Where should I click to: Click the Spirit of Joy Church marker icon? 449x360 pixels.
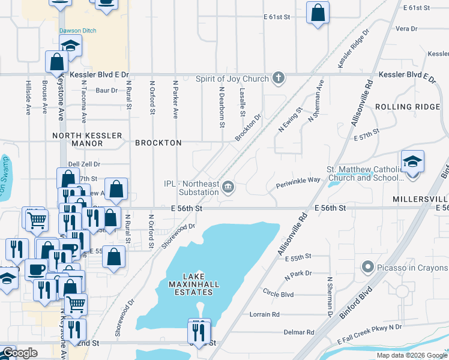click(278, 78)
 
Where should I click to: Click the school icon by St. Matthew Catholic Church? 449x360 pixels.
click(412, 163)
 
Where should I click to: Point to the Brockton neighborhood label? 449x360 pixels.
click(158, 143)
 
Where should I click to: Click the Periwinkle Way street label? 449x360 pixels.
click(298, 180)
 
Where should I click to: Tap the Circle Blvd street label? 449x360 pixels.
click(278, 295)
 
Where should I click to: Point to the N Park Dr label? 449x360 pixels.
click(298, 273)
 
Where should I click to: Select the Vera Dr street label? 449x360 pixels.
click(406, 28)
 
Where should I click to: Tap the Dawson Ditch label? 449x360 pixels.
click(77, 31)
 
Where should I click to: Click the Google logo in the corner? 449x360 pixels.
click(20, 353)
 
